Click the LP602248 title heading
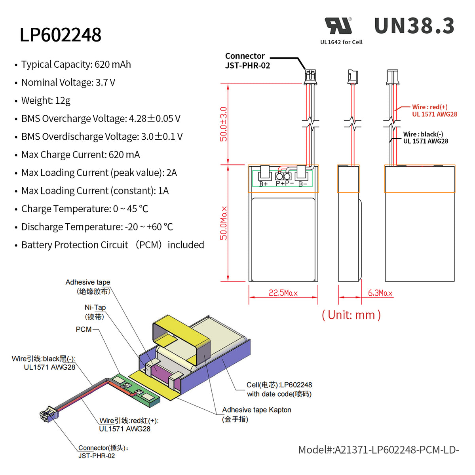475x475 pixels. pyautogui.click(x=60, y=35)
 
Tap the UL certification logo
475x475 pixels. pyautogui.click(x=338, y=26)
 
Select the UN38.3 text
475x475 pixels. pyautogui.click(x=414, y=26)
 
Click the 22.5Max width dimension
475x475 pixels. pyautogui.click(x=283, y=293)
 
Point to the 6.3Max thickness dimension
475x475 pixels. pyautogui.click(x=380, y=293)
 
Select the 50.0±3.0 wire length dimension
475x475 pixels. pyautogui.click(x=224, y=124)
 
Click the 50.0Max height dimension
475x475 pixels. pyautogui.click(x=224, y=223)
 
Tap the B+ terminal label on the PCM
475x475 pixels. pyautogui.click(x=263, y=184)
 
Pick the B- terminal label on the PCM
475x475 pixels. pyautogui.click(x=303, y=184)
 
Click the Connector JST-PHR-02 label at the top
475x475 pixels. pyautogui.click(x=247, y=61)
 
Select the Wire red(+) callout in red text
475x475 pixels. pyautogui.click(x=434, y=110)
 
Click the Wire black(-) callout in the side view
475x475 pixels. pyautogui.click(x=426, y=138)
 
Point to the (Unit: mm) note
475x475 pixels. pyautogui.click(x=351, y=315)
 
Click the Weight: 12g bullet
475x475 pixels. pyautogui.click(x=46, y=101)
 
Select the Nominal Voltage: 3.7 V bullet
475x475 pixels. pyautogui.click(x=68, y=82)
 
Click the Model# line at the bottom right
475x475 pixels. pyautogui.click(x=378, y=450)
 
